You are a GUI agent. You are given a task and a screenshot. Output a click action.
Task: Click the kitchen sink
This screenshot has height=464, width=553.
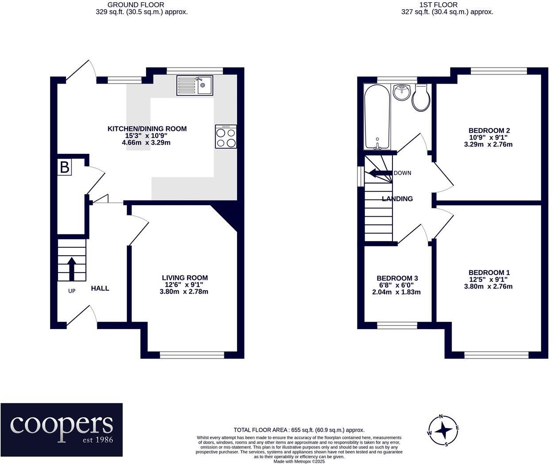(195, 85)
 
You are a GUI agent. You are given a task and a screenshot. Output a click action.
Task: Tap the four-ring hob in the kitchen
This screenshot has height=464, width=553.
(226, 136)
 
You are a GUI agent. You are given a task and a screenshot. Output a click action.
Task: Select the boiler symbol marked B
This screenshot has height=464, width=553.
(65, 167)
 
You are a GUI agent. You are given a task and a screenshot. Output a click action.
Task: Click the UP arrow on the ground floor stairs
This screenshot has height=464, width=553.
(72, 269)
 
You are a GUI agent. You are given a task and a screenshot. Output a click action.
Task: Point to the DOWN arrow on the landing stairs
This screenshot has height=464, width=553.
(380, 173)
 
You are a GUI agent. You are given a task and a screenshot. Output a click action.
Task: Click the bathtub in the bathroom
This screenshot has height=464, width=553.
(377, 117)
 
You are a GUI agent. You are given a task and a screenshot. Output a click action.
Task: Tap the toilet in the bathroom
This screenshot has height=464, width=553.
(421, 97)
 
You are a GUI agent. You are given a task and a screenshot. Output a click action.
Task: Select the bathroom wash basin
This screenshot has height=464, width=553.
(402, 92)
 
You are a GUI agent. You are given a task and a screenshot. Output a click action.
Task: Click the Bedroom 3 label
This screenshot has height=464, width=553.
(397, 278)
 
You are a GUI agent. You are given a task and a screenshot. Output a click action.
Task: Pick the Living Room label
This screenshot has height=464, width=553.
(185, 277)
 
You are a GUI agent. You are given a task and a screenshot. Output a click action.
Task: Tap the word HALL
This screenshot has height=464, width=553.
(100, 288)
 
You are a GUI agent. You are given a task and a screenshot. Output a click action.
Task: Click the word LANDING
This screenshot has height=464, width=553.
(397, 199)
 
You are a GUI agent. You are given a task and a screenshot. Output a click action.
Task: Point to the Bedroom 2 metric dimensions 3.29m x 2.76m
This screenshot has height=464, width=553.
(488, 145)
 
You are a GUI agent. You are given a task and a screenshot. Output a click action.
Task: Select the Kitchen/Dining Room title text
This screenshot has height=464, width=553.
(147, 129)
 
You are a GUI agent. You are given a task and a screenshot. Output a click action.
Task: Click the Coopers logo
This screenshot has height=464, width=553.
(61, 430)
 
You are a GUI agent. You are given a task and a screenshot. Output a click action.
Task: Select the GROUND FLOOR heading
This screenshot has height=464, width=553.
(136, 5)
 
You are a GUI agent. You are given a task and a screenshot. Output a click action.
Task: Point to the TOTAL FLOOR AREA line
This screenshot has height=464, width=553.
(299, 430)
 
